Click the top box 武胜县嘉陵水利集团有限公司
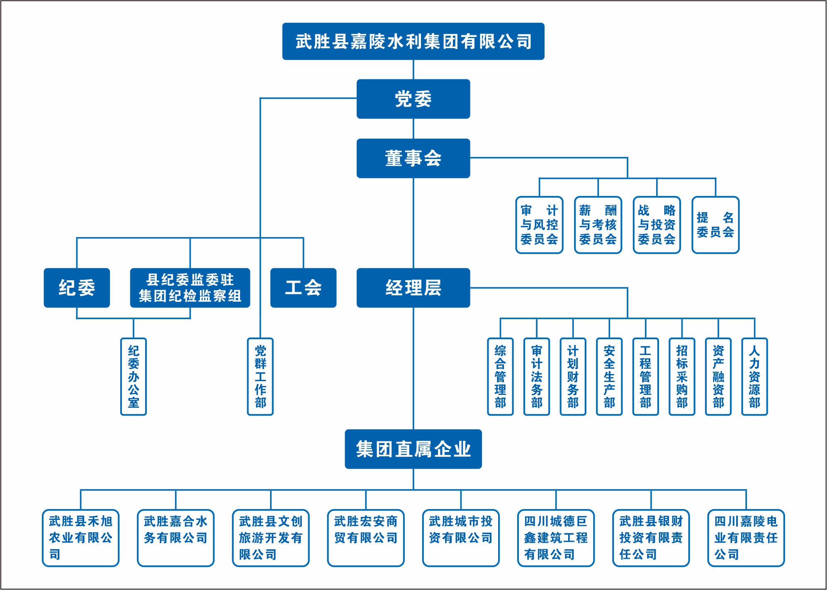coord(413,42)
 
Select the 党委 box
coord(413,99)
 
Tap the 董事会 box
coord(413,158)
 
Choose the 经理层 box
coord(413,288)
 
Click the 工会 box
coord(303,288)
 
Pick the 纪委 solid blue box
coord(77,288)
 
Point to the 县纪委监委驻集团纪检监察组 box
coord(190,288)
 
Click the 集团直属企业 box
coord(413,449)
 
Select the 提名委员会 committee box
coord(715,225)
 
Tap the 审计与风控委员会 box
coord(539,225)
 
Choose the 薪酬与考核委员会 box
coord(598,225)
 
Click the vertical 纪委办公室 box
coord(134,377)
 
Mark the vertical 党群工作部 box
coord(260,377)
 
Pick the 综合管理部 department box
coord(500,377)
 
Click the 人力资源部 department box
coord(754,377)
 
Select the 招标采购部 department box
coord(682,377)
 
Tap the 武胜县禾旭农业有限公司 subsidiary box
coord(80,538)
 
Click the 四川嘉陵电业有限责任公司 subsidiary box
coord(746,538)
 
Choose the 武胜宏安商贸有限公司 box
coord(366,538)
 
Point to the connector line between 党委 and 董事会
coord(413,129)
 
